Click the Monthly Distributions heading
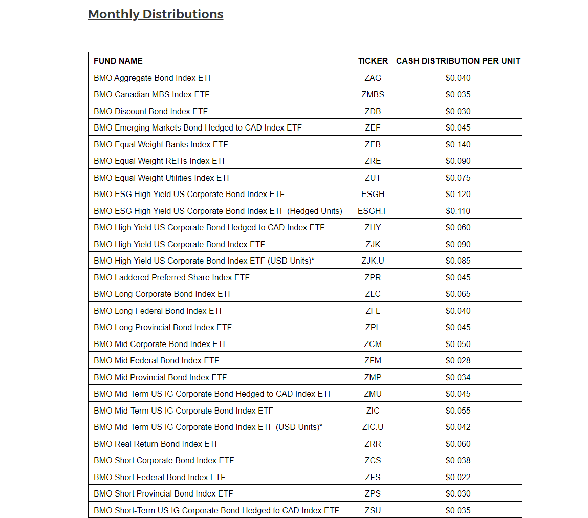[x=156, y=14]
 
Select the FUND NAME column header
[x=118, y=61]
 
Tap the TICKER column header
[x=373, y=61]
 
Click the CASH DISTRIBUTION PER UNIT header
[x=458, y=61]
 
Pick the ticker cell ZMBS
[x=373, y=94]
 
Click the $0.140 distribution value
[x=458, y=144]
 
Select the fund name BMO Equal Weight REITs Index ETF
[x=160, y=161]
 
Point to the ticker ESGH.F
[x=373, y=211]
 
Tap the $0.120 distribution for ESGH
[x=458, y=194]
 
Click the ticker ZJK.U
[x=373, y=261]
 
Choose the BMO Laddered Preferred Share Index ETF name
[x=171, y=277]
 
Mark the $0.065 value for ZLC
[x=458, y=294]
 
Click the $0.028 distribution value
[x=458, y=360]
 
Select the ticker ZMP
[x=373, y=377]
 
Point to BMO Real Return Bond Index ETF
[x=157, y=444]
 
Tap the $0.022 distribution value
[x=458, y=477]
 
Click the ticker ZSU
[x=373, y=510]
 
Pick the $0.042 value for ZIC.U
[x=458, y=427]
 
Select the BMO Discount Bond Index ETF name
[x=150, y=111]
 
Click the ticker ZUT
[x=373, y=178]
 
